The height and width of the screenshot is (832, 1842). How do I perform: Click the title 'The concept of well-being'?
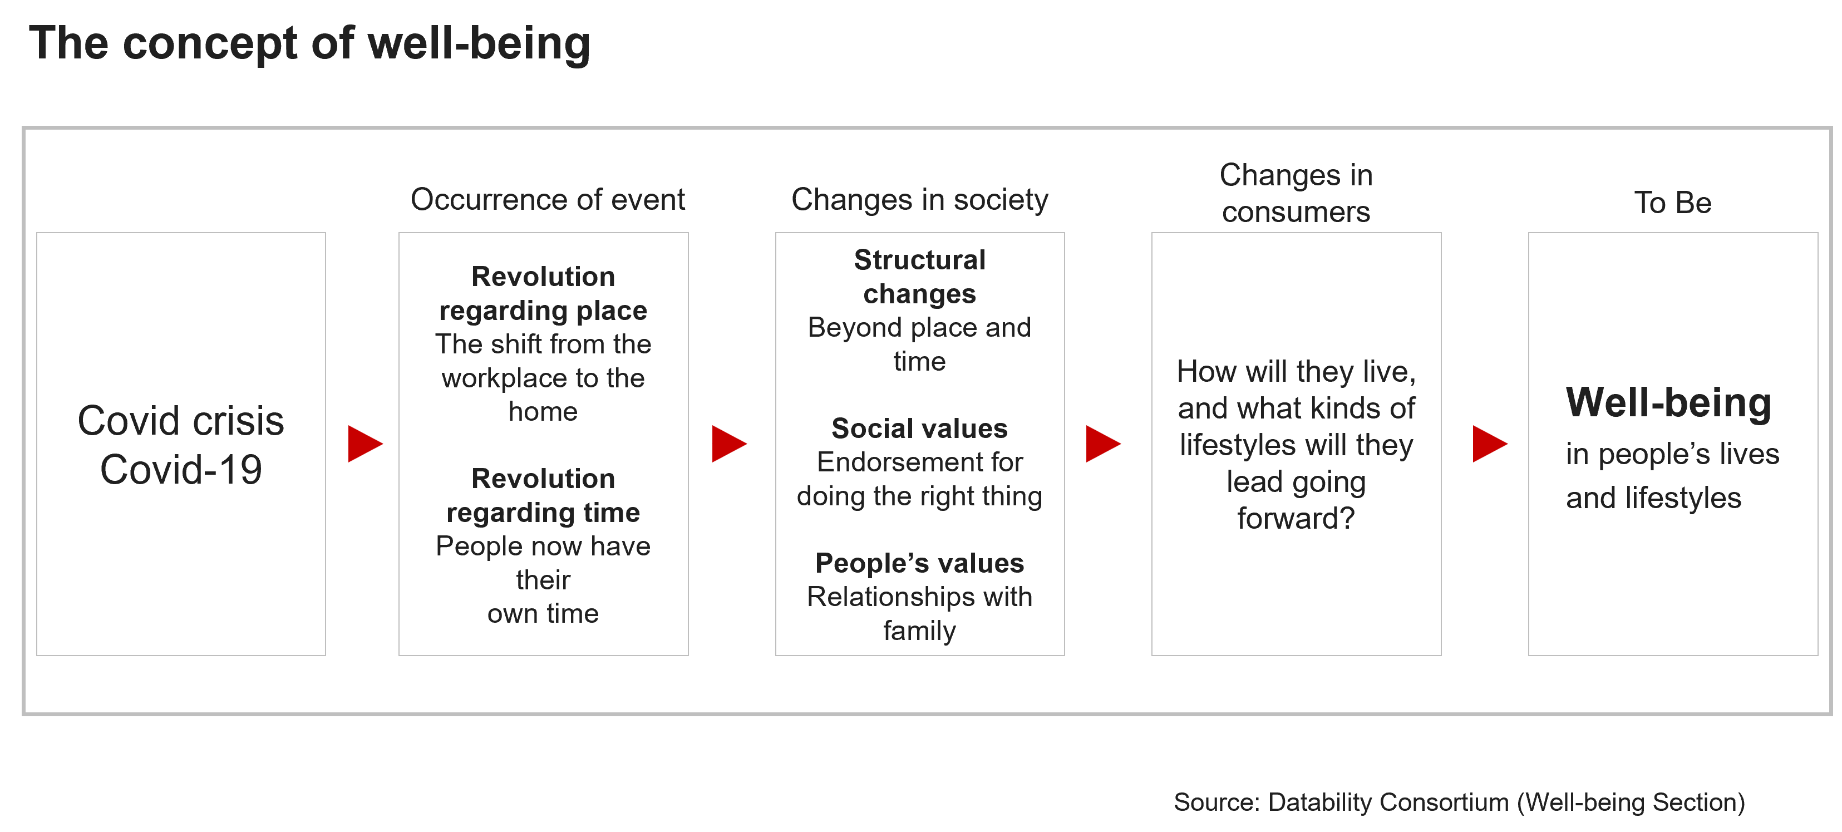click(x=309, y=43)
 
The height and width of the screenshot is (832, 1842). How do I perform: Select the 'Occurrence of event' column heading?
click(x=548, y=200)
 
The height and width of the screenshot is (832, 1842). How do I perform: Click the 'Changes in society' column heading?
click(x=919, y=200)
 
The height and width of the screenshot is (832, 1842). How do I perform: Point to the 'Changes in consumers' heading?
click(x=1296, y=193)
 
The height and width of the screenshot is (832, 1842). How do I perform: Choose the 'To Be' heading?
click(x=1672, y=203)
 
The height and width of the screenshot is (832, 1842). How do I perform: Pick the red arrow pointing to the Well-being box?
click(x=1490, y=444)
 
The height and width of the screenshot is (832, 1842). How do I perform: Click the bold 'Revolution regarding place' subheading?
click(x=544, y=293)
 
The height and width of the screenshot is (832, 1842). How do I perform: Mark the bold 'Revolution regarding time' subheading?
click(x=544, y=495)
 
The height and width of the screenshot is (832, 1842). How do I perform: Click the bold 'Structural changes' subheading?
click(x=919, y=277)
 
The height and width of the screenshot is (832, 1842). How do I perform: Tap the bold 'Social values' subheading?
click(x=919, y=428)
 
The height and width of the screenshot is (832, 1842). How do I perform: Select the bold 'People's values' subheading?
click(x=919, y=563)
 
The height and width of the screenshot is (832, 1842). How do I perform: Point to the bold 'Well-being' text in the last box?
click(x=1669, y=403)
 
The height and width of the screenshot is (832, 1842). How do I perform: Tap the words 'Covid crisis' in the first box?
click(x=181, y=421)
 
